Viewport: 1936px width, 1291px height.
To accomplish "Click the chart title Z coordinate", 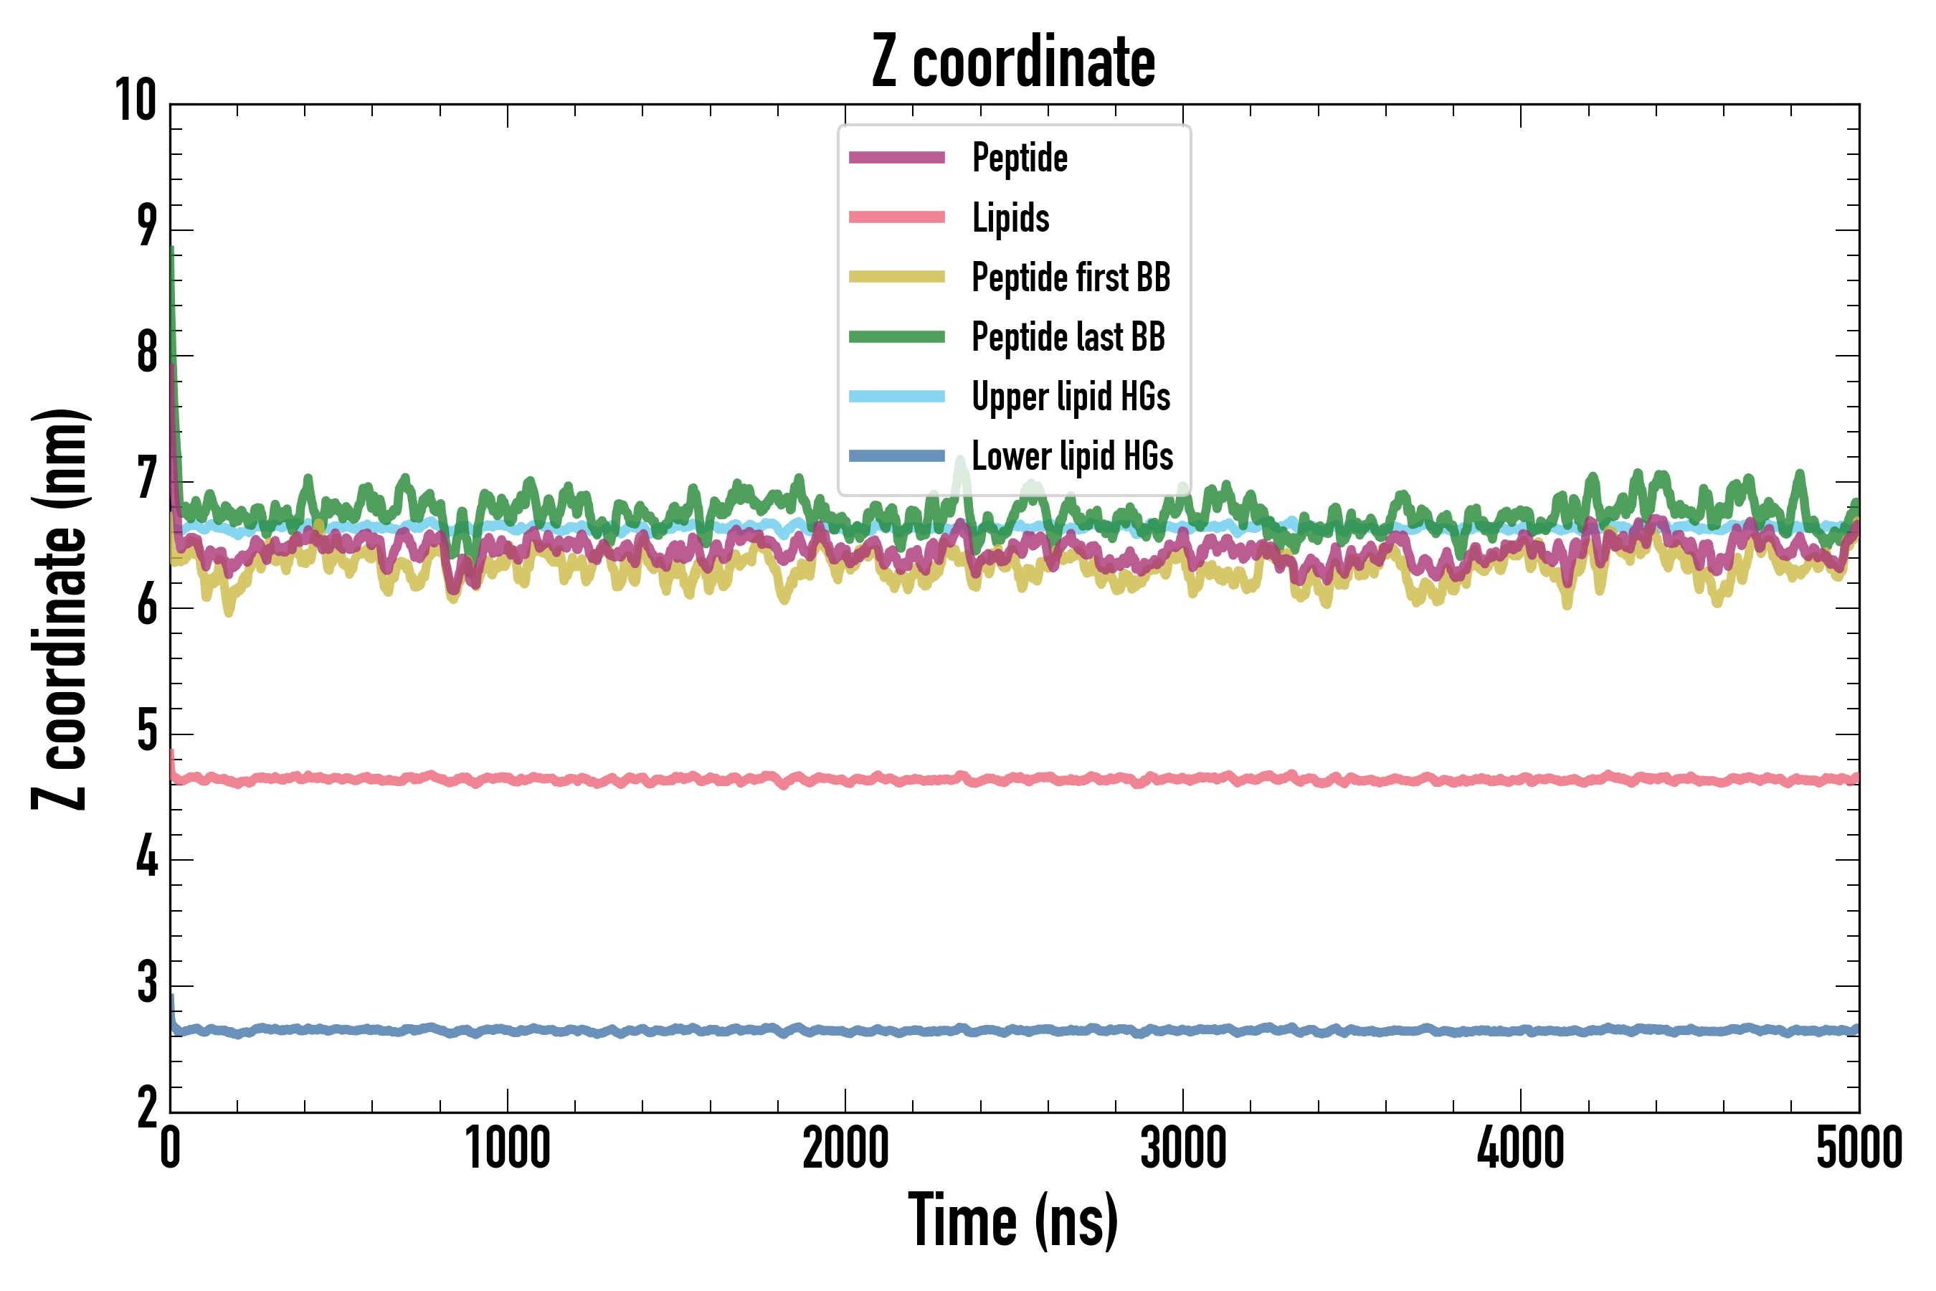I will pos(1013,62).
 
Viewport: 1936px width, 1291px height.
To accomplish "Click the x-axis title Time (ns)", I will pos(1013,1221).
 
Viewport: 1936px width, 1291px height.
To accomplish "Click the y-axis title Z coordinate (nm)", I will pos(60,609).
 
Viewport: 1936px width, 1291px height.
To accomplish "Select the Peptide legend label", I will pos(1020,157).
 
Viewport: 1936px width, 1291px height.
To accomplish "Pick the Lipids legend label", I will pos(1011,217).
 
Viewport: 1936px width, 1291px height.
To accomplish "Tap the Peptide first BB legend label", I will pos(1071,277).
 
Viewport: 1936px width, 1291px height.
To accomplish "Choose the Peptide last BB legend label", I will pos(1068,337).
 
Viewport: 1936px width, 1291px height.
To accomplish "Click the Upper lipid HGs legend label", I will pos(1071,396).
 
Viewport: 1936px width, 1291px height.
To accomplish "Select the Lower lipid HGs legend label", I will pos(1073,456).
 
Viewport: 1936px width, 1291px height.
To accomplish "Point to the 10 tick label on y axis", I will pos(136,101).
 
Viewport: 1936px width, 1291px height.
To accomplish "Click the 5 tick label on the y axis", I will pos(147,732).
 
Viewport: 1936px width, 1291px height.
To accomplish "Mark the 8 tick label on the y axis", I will pos(147,354).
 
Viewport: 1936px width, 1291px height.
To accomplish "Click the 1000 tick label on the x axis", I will pos(508,1148).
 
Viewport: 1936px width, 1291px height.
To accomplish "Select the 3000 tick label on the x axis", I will pos(1183,1148).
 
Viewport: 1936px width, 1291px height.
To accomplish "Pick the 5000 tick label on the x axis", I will pos(1859,1148).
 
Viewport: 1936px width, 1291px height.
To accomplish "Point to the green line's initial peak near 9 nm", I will pos(171,250).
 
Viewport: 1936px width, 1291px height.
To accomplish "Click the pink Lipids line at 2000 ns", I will pos(845,779).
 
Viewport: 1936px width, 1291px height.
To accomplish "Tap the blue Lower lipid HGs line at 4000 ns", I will pos(1520,1031).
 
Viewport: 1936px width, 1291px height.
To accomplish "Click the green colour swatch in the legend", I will pos(896,337).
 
